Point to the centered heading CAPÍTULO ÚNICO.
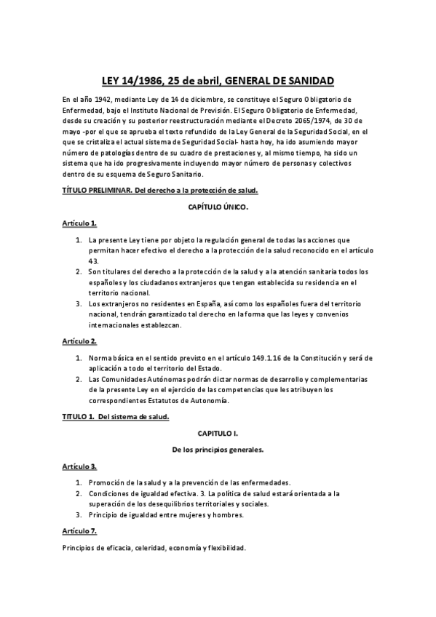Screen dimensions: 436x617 coord(217,207)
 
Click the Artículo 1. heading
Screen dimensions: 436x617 coord(79,223)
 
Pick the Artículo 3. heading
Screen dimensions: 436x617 coord(79,466)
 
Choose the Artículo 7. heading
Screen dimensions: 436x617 coord(79,532)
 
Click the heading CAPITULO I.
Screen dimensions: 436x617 coord(217,433)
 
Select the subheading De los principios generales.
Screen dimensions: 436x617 coord(217,450)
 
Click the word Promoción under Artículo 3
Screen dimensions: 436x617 coord(107,482)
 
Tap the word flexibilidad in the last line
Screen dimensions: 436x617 coord(225,548)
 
